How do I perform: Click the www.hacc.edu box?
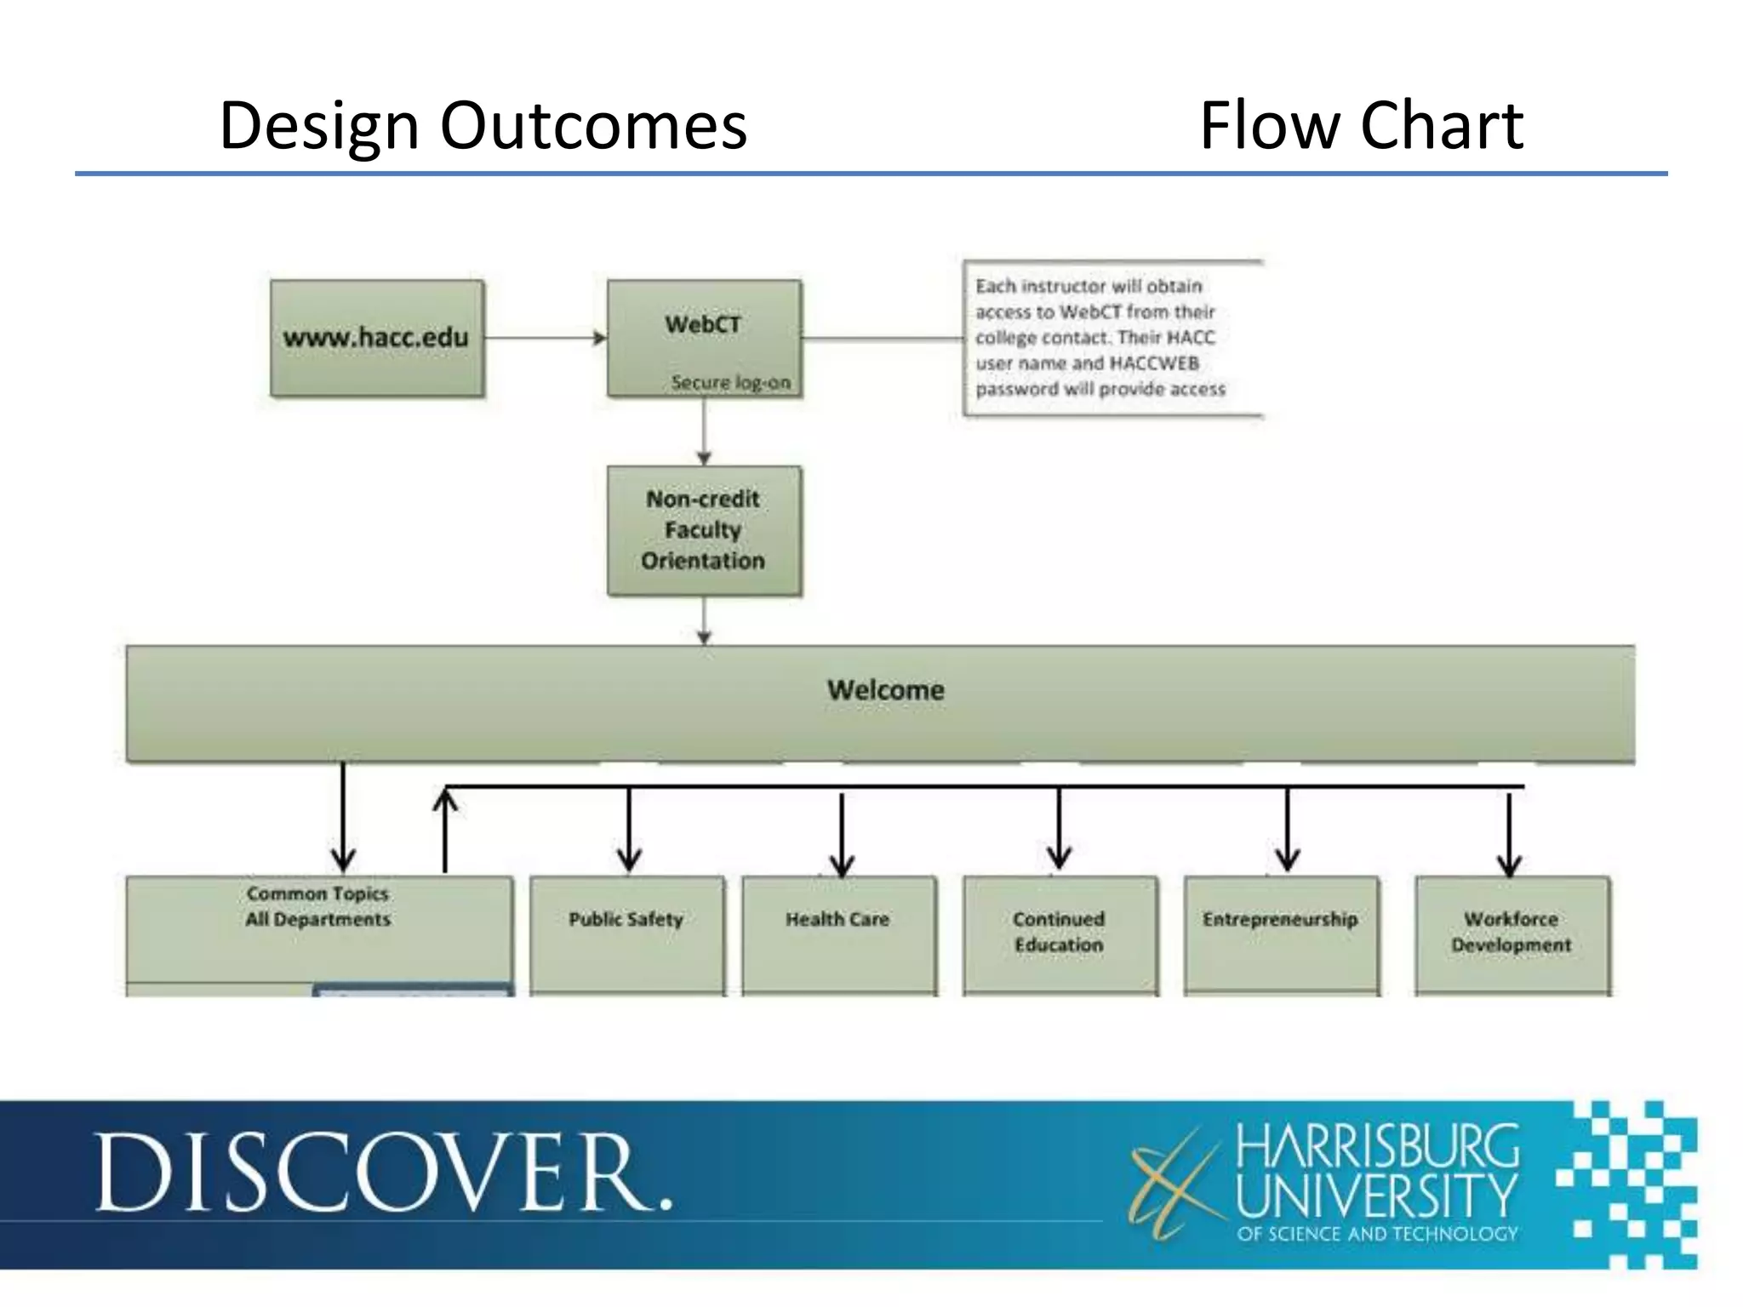376,338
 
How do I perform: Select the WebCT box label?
703,324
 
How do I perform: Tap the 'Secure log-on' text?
730,382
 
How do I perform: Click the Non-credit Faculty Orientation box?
704,530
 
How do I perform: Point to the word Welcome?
885,689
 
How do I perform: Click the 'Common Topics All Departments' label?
318,906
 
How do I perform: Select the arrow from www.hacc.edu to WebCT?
545,338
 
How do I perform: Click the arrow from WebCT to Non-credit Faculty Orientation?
704,431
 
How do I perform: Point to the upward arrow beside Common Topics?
445,830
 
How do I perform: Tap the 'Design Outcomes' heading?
483,125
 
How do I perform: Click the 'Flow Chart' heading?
1360,125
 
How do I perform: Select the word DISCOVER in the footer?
383,1173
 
